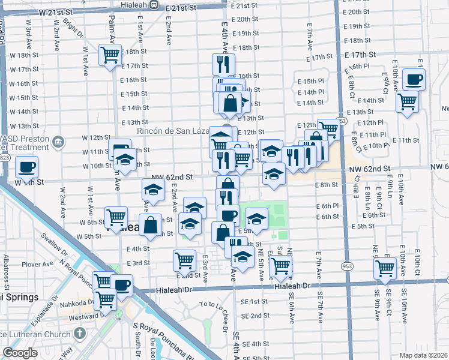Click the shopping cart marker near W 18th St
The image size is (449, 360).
pyautogui.click(x=110, y=56)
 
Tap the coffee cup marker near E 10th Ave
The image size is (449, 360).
pyautogui.click(x=413, y=79)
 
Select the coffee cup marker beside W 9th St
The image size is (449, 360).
pyautogui.click(x=26, y=167)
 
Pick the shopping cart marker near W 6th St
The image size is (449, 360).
pyautogui.click(x=116, y=217)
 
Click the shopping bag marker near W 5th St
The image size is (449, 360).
pyautogui.click(x=152, y=226)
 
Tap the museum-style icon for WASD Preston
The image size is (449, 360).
pyautogui.click(x=58, y=142)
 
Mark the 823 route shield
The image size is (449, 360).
pyautogui.click(x=5, y=158)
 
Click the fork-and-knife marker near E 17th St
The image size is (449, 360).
pyautogui.click(x=223, y=64)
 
